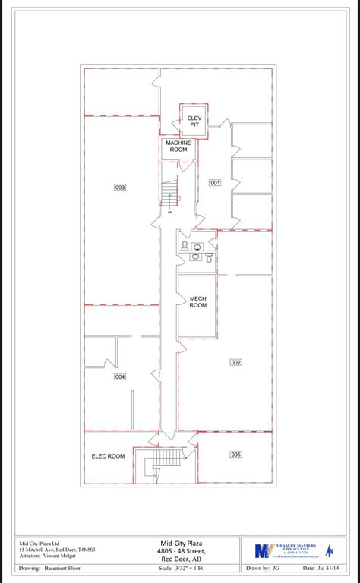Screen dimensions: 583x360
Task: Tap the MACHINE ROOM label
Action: click(178, 146)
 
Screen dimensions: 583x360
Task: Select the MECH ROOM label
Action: click(197, 302)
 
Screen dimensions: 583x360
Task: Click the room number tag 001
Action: click(215, 183)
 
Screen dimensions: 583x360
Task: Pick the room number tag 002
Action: click(235, 362)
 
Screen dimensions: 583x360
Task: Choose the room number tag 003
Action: click(120, 187)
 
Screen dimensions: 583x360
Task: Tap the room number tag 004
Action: click(120, 377)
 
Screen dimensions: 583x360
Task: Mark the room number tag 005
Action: click(235, 454)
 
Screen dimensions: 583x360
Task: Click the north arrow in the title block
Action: click(330, 550)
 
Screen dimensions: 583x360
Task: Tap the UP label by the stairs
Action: click(170, 213)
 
